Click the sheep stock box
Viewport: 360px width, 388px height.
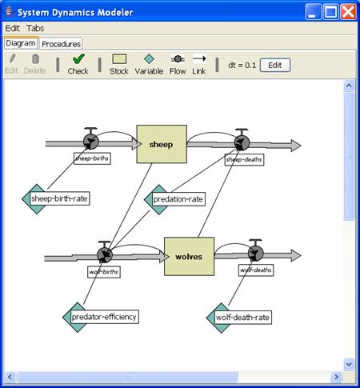pos(162,144)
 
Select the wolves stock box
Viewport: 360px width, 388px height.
pos(189,256)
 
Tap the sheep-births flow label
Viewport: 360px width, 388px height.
pos(92,158)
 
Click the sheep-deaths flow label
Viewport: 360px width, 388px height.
pos(244,159)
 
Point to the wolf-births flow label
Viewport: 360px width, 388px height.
pos(104,272)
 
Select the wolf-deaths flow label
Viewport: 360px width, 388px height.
pos(256,270)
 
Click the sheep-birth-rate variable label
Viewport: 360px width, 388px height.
pos(60,198)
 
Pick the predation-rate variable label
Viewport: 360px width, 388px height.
pos(178,199)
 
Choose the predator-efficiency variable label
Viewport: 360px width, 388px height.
pos(105,317)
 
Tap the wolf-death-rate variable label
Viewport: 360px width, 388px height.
pos(243,318)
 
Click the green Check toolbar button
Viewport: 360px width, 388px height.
pos(78,64)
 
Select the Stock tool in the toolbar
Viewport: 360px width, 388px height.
pos(119,64)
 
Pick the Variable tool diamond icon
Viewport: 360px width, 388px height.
pos(149,59)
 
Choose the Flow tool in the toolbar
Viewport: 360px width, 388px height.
pos(178,64)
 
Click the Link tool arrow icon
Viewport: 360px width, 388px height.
pos(199,58)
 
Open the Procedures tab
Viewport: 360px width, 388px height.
pos(61,44)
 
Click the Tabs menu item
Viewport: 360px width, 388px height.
pos(35,28)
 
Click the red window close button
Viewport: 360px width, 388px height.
pos(348,12)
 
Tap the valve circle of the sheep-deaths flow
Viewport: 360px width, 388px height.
pos(242,142)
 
